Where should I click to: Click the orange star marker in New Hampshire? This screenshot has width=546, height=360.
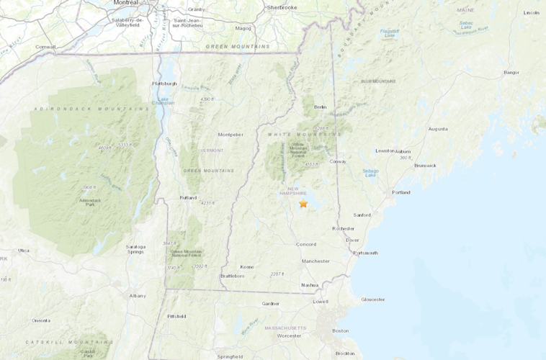(x=303, y=204)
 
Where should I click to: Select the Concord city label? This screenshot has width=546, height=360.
(x=306, y=244)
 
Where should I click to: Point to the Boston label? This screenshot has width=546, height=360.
(x=340, y=330)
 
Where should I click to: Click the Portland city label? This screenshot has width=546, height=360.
(x=401, y=192)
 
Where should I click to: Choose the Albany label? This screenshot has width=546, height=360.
(x=137, y=295)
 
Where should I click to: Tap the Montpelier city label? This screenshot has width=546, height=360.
(x=231, y=134)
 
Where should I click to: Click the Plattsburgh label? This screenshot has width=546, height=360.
(x=164, y=83)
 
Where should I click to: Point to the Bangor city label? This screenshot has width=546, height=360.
(x=511, y=72)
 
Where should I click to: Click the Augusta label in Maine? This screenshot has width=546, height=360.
(x=438, y=129)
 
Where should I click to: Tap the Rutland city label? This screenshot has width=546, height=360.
(x=188, y=197)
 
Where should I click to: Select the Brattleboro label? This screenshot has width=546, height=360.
(x=233, y=275)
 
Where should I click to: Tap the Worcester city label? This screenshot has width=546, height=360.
(x=289, y=336)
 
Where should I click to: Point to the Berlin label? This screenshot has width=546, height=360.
(x=320, y=107)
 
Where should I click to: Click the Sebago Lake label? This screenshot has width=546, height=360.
(x=370, y=173)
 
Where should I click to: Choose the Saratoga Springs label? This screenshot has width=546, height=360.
(x=135, y=249)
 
